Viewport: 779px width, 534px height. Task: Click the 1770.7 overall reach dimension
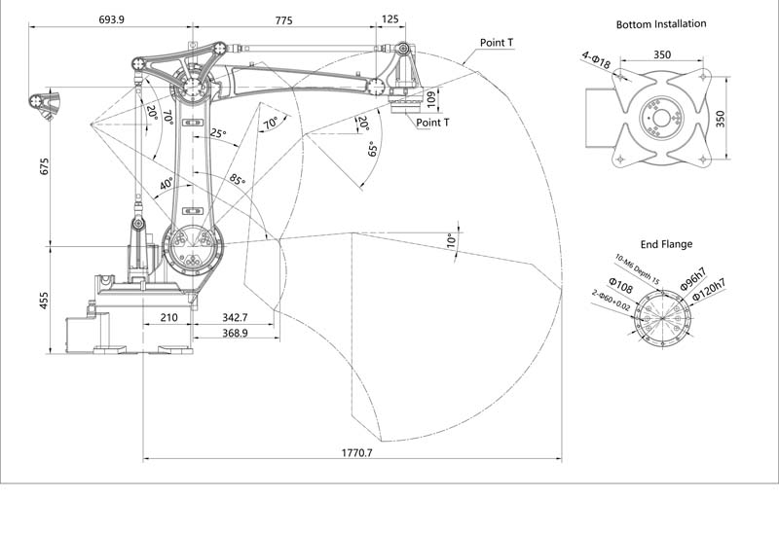point(357,452)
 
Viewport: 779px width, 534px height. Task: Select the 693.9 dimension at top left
point(117,19)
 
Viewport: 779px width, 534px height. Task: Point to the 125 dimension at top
point(390,19)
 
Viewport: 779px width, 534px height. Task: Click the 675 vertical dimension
point(43,165)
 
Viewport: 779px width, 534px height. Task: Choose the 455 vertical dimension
point(43,302)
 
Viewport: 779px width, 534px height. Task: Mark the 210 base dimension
point(168,318)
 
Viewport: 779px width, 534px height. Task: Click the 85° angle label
point(238,180)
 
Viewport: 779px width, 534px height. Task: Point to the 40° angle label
point(167,183)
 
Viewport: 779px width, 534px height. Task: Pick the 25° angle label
point(217,134)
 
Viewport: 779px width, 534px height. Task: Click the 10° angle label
point(450,238)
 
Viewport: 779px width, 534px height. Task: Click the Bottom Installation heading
point(661,23)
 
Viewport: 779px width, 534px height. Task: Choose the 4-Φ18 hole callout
point(596,61)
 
